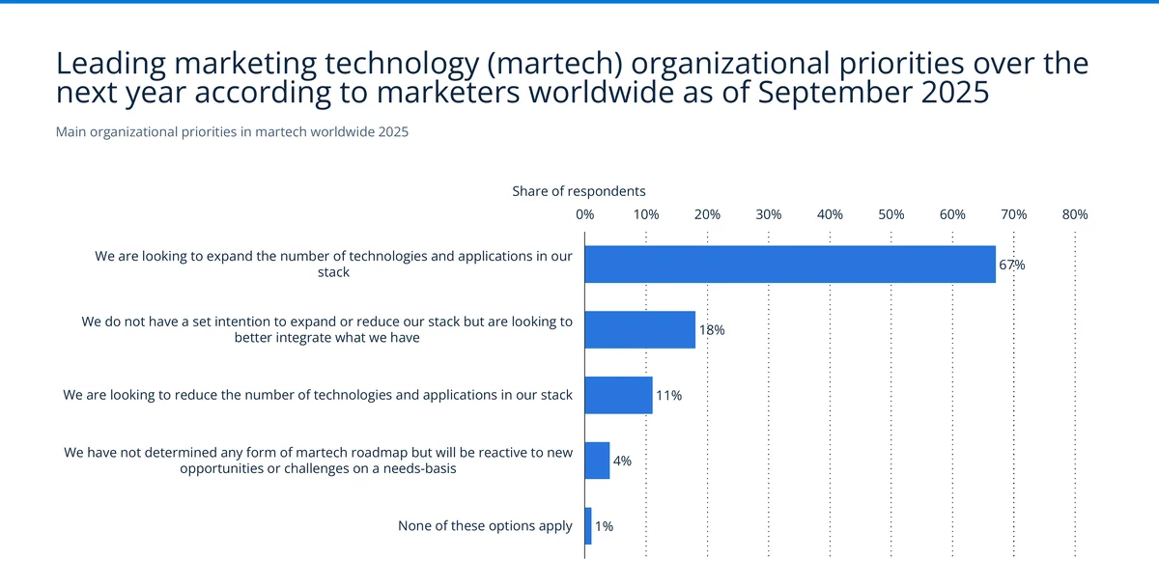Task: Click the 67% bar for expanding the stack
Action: pos(790,264)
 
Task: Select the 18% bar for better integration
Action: pos(639,329)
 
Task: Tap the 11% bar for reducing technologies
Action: pos(618,395)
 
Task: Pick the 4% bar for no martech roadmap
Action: pos(597,461)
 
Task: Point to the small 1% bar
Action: pos(588,526)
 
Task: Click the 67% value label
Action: pos(1011,265)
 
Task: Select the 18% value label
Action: pos(711,330)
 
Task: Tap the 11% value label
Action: pos(668,396)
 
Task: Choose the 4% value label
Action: pos(622,462)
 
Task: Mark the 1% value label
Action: pos(604,527)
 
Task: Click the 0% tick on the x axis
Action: pos(584,214)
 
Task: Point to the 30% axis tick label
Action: pos(769,214)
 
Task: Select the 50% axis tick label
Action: pos(891,214)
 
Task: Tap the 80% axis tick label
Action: pos(1075,214)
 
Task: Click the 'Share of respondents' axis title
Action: pos(579,191)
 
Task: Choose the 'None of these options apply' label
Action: pos(485,526)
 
